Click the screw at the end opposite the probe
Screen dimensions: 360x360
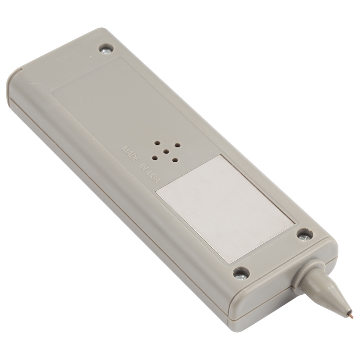[106, 50]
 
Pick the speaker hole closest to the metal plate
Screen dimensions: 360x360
[175, 159]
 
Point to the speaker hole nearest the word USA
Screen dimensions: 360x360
[155, 157]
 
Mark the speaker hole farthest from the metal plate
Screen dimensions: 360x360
[157, 143]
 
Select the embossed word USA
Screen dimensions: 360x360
[153, 176]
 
